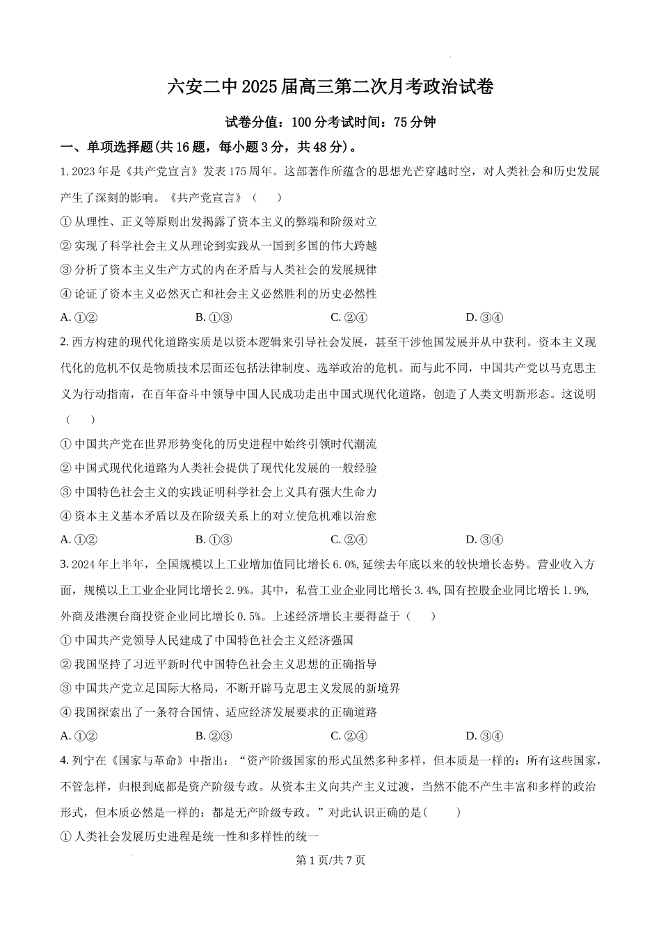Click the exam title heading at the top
tap(330, 88)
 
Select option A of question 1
tap(78, 317)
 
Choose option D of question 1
tap(484, 317)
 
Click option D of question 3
tap(484, 736)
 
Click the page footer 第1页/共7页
tap(330, 860)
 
